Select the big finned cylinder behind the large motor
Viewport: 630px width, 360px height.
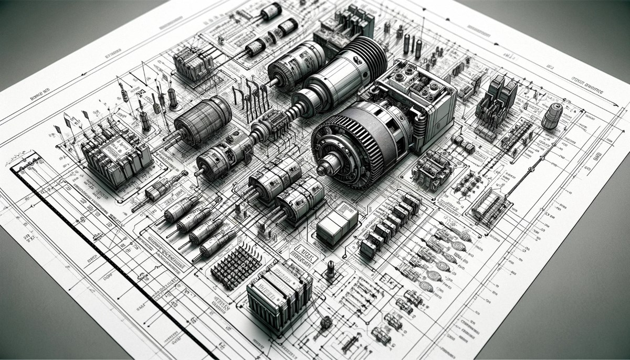tap(362, 58)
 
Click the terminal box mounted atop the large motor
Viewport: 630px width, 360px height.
tap(417, 87)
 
